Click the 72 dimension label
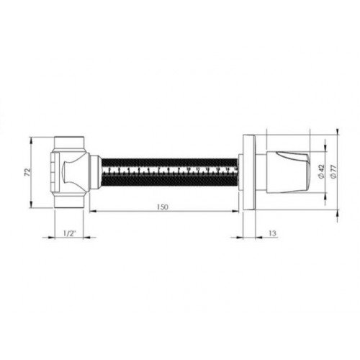pyautogui.click(x=28, y=173)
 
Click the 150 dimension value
pyautogui.click(x=163, y=207)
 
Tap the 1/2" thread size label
pyautogui.click(x=69, y=233)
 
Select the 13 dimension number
pyautogui.click(x=273, y=233)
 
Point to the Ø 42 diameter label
pyautogui.click(x=321, y=171)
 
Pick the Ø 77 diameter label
pyautogui.click(x=333, y=171)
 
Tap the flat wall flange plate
pyautogui.click(x=249, y=172)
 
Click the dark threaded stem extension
pyautogui.click(x=169, y=172)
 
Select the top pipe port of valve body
pyautogui.click(x=69, y=144)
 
